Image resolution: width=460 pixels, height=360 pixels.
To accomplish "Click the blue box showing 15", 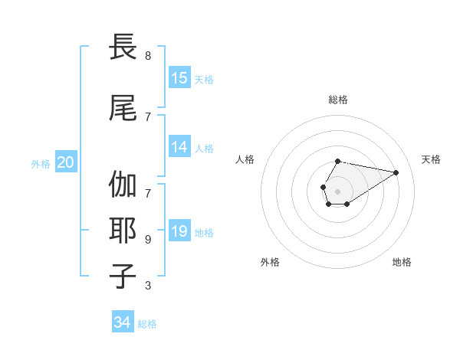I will click(x=179, y=78).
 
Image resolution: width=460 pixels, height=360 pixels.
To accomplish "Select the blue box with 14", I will click(x=179, y=147).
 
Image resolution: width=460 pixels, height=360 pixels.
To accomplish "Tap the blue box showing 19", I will click(x=179, y=231).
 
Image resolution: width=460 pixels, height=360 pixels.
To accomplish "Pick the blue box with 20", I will click(x=65, y=162).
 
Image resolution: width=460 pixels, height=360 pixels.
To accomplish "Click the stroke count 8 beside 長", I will click(x=148, y=56).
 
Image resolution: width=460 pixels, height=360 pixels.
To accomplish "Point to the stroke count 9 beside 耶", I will click(x=148, y=239).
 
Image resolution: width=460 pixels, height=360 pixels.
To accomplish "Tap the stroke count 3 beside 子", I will click(x=148, y=286).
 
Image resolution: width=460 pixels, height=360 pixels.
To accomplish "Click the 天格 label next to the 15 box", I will click(x=204, y=79).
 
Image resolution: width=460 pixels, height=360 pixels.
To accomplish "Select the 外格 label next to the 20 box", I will click(x=41, y=163).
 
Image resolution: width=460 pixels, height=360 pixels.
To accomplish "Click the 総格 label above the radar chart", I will click(x=338, y=100).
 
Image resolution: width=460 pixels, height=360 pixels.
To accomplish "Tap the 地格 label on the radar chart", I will click(x=402, y=262).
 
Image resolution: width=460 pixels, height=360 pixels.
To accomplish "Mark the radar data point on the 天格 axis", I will click(x=396, y=172).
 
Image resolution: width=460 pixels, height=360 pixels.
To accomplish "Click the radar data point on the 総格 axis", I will click(x=338, y=161).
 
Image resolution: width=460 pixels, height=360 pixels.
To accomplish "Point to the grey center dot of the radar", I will click(x=338, y=191).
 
